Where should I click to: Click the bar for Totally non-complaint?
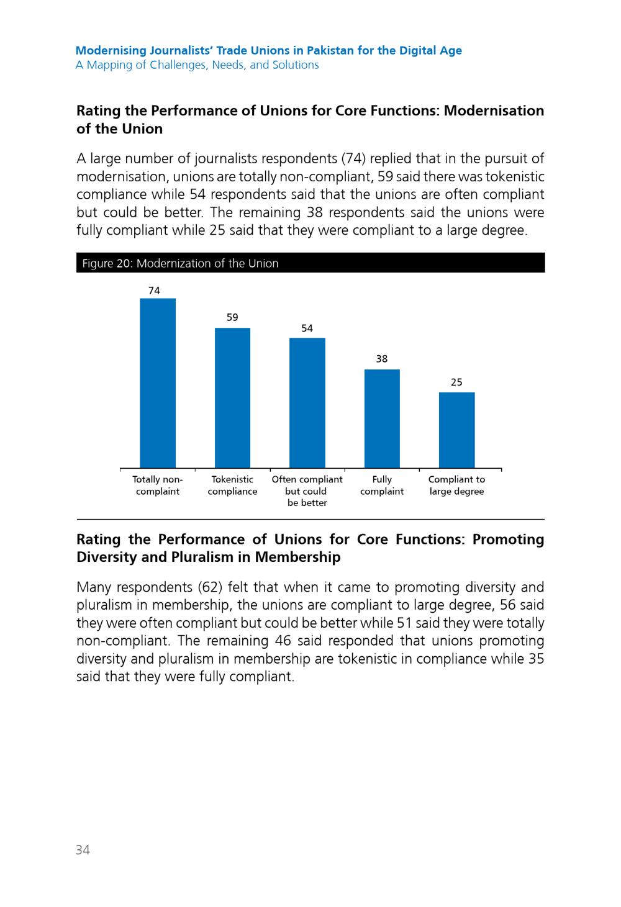click(x=158, y=383)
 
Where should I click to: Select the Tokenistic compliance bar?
click(x=232, y=398)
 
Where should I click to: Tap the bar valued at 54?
click(x=307, y=403)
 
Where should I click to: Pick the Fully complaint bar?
click(x=382, y=418)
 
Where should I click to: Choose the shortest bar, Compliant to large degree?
click(x=457, y=430)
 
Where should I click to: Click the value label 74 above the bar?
click(x=155, y=291)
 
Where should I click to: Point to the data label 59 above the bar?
click(x=232, y=317)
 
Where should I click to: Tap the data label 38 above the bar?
click(x=382, y=359)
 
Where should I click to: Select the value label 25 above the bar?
click(x=456, y=382)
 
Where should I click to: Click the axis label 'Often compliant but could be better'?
click(x=307, y=491)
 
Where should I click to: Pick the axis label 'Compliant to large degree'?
click(x=456, y=485)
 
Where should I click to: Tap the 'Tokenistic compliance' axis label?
click(x=232, y=485)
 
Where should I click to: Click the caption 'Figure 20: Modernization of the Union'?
click(x=180, y=263)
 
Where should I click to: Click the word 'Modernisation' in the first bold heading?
click(x=494, y=111)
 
